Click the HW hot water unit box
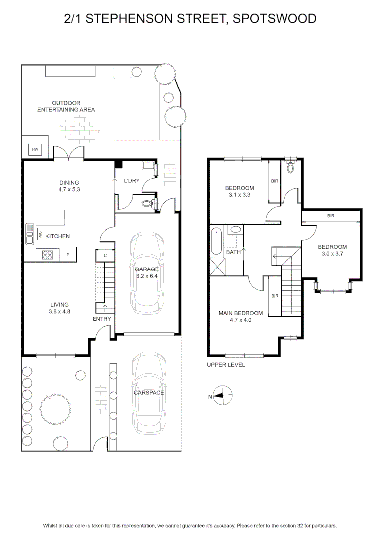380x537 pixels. [x=35, y=149]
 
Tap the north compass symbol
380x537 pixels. [x=222, y=396]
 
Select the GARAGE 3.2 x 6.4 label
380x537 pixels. [x=147, y=272]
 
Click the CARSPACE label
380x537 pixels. [x=149, y=393]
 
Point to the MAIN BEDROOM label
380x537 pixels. [x=241, y=313]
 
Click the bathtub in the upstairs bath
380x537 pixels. [x=216, y=241]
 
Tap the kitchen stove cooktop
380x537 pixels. [x=48, y=255]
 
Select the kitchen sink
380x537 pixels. [x=30, y=234]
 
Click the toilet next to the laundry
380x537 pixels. [x=148, y=204]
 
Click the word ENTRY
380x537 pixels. [x=102, y=319]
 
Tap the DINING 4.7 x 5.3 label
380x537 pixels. [x=69, y=186]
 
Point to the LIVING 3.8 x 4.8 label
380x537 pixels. [x=59, y=308]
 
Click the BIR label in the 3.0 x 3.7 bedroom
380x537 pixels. [x=331, y=216]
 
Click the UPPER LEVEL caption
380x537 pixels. [x=226, y=365]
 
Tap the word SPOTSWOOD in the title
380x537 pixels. [x=275, y=18]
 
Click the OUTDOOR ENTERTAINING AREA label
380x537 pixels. [x=66, y=106]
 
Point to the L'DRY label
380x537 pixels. [x=132, y=180]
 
